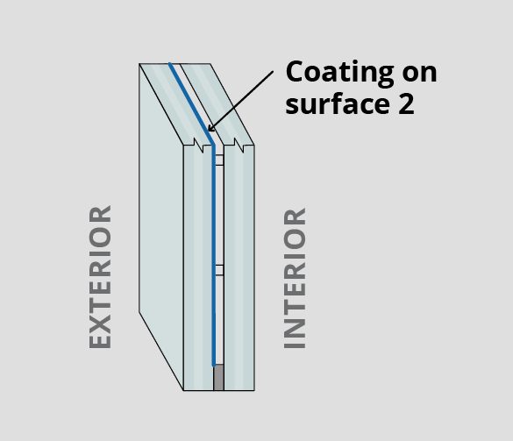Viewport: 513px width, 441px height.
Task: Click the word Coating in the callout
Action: pos(340,72)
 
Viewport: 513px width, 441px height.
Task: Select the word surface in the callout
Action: pos(338,103)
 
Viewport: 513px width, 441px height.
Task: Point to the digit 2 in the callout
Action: pos(406,103)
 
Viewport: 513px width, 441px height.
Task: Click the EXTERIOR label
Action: pos(100,277)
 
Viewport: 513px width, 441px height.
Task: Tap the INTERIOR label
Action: pos(295,279)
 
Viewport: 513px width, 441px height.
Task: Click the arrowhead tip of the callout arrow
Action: pos(209,132)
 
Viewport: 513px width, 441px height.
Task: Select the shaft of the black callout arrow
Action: pos(241,102)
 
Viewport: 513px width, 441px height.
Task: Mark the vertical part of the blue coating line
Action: pos(214,255)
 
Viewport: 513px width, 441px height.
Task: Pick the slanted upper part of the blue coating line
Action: pos(191,103)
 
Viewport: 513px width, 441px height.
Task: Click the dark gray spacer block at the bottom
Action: pos(218,378)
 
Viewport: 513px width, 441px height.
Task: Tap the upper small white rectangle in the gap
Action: pos(219,160)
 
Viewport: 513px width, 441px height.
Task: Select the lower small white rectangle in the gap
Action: pos(219,270)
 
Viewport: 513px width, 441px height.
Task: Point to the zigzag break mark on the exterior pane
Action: pos(198,146)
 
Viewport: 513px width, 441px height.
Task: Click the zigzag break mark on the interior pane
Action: pos(239,146)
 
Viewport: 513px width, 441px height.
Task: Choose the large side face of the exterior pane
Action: pos(161,225)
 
